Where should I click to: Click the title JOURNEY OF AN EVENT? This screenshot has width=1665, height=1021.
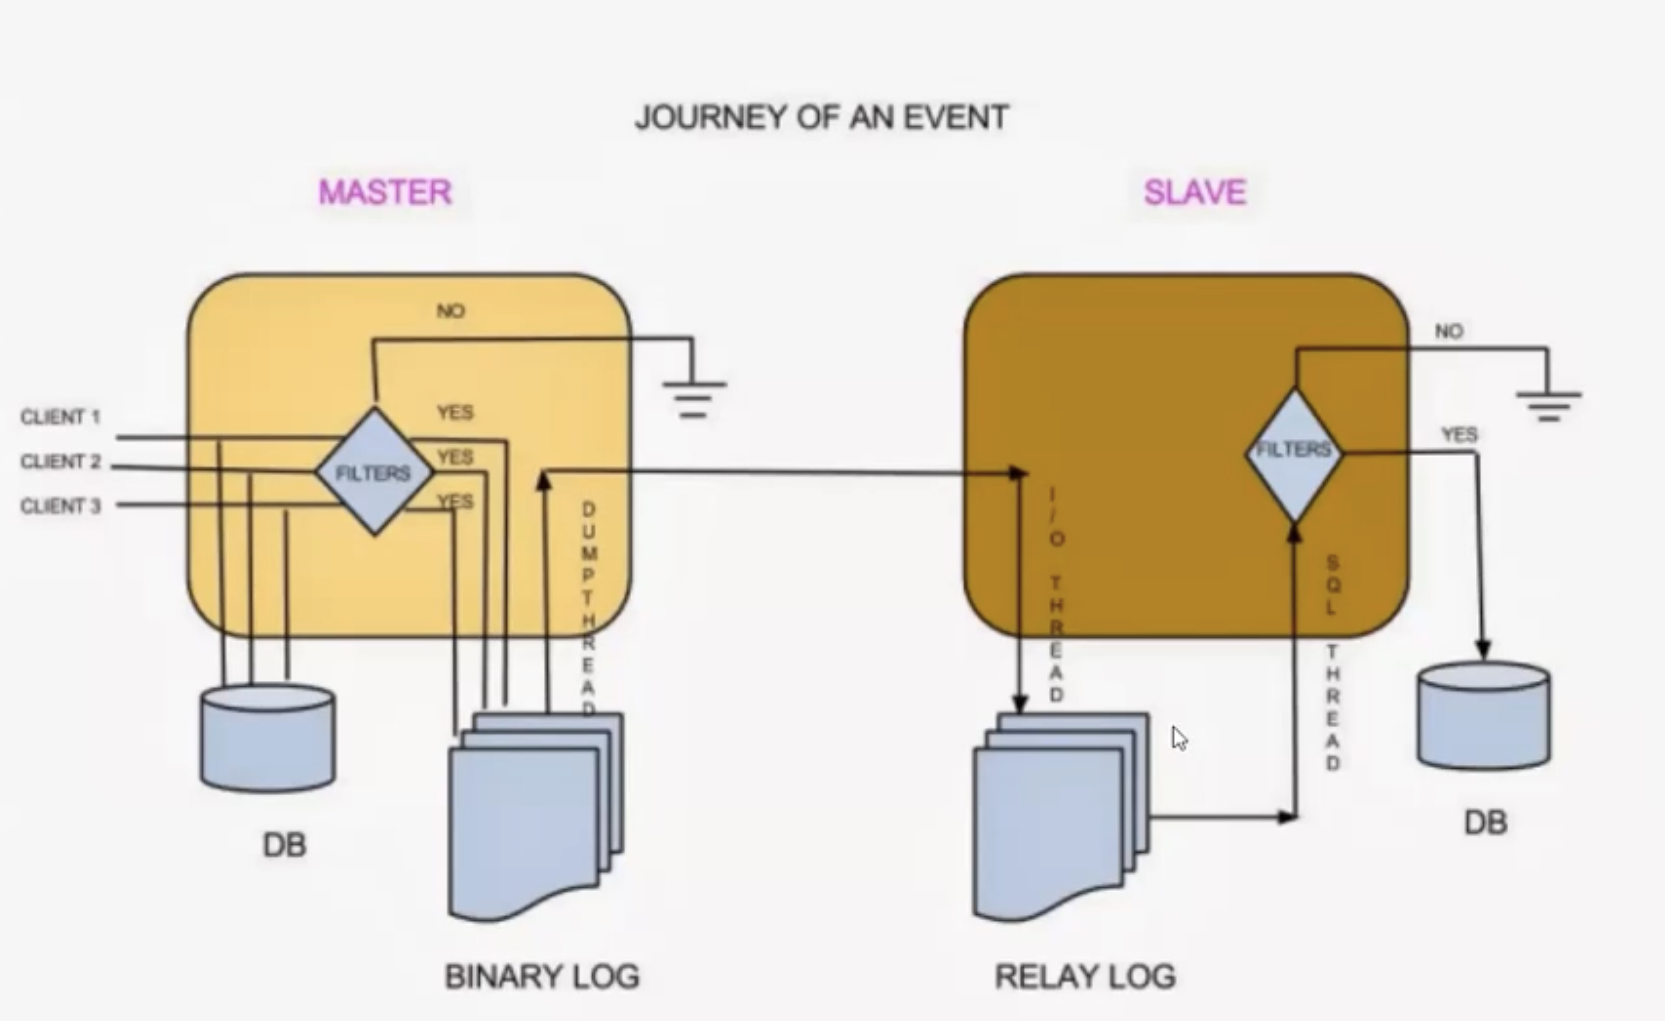click(x=821, y=117)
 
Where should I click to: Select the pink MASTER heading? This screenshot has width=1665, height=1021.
click(x=385, y=192)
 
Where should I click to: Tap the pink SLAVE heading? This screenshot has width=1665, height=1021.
click(x=1194, y=192)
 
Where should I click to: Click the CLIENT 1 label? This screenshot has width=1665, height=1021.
click(x=60, y=418)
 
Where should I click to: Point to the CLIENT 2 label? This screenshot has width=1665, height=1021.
click(x=60, y=462)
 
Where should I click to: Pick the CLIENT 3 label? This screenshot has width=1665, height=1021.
click(x=60, y=506)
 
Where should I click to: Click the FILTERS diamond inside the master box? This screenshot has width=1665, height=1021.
click(x=374, y=473)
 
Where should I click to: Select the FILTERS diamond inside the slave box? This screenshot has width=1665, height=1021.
click(x=1294, y=452)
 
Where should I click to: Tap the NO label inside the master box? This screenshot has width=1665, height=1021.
click(x=451, y=311)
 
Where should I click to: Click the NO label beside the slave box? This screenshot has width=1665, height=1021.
click(x=1449, y=331)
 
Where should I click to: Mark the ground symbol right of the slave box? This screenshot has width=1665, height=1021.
click(x=1549, y=406)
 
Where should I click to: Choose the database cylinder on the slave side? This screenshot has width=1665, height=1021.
click(x=1484, y=716)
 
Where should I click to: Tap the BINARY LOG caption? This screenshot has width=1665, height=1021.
click(x=542, y=977)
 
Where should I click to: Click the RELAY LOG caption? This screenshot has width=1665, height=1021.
click(x=1085, y=977)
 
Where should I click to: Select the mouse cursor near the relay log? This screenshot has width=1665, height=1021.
click(x=1179, y=737)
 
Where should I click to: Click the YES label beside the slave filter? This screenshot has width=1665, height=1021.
click(x=1460, y=435)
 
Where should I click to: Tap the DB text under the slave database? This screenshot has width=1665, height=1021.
click(x=1485, y=823)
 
